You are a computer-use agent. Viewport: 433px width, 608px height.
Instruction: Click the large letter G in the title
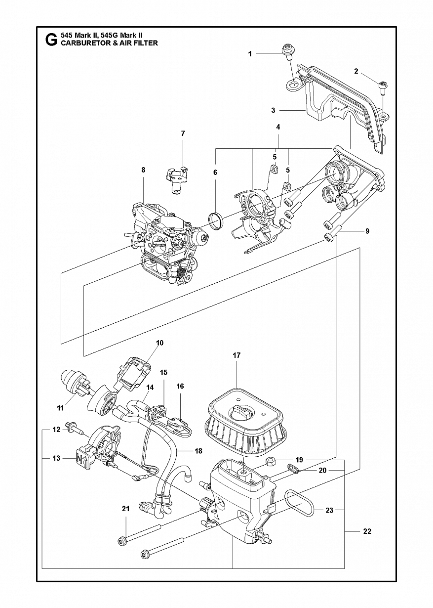[51, 40]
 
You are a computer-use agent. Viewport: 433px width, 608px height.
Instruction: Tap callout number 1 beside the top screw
[250, 54]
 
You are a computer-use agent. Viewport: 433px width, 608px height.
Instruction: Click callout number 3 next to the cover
[274, 110]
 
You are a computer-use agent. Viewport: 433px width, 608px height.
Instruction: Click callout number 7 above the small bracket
[183, 133]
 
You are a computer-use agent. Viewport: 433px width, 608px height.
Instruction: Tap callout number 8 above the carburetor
[143, 170]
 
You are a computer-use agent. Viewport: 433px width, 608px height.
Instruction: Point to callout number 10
[159, 343]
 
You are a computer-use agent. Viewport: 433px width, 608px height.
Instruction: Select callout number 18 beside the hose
[199, 451]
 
